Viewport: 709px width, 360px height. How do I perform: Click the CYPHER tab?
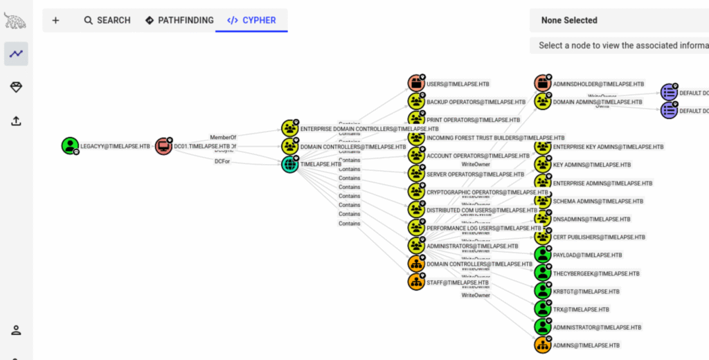coord(251,20)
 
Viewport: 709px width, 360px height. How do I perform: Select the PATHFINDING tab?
coord(179,20)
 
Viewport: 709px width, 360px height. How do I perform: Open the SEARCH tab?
coord(107,20)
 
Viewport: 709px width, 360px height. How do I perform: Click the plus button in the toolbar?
coord(55,20)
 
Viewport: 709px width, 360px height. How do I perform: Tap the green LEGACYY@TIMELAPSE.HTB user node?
coord(69,146)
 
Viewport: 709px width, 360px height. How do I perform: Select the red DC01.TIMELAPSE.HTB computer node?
coord(163,146)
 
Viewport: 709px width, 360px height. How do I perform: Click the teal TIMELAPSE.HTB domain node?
coord(289,164)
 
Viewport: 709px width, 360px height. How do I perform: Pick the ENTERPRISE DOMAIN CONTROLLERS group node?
coord(289,128)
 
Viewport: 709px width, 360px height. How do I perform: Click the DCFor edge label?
coord(223,161)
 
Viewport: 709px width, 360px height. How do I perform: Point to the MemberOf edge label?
coord(223,137)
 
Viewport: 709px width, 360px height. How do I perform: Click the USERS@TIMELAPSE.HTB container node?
coord(415,83)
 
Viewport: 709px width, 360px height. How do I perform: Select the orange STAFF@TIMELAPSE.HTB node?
coord(415,282)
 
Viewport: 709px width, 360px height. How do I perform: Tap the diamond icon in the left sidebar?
coord(16,87)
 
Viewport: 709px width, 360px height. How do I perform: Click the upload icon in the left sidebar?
coord(16,120)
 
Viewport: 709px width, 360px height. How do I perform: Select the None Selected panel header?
coord(569,20)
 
